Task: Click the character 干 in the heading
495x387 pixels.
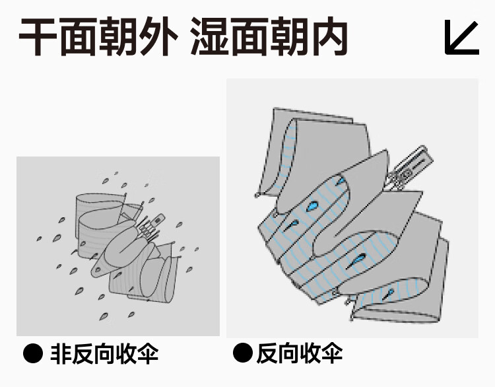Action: pyautogui.click(x=38, y=37)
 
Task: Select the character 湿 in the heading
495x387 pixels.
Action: pyautogui.click(x=209, y=37)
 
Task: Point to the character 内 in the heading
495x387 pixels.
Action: pyautogui.click(x=328, y=37)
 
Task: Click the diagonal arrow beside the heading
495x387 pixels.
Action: pyautogui.click(x=461, y=38)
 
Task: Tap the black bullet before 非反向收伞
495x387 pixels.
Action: pyautogui.click(x=33, y=353)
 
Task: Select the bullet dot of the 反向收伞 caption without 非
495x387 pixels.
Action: pyautogui.click(x=242, y=353)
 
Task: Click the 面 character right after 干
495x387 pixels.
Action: pyautogui.click(x=78, y=37)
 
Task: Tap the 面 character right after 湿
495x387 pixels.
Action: pyautogui.click(x=249, y=37)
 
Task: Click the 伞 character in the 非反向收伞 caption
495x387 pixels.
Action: pyautogui.click(x=148, y=353)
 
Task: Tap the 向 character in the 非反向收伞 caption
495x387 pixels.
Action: pyautogui.click(x=104, y=353)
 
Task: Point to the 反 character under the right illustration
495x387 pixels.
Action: pyautogui.click(x=267, y=353)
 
